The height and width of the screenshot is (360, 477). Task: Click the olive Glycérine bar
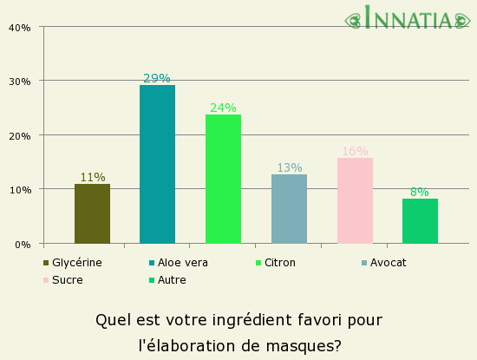point(92,213)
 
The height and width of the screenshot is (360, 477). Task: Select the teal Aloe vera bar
point(157,164)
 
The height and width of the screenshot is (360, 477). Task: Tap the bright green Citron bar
point(223,179)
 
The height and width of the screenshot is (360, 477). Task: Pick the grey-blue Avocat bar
point(289,209)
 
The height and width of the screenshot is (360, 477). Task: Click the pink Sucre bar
point(355,200)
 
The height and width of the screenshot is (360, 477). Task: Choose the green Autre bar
point(420,221)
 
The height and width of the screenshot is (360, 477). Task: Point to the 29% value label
point(157,79)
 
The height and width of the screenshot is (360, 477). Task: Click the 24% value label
point(223,108)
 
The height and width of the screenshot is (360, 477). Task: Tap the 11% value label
point(92,178)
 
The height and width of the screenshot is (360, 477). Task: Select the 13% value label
point(289,168)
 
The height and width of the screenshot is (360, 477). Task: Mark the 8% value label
point(420,193)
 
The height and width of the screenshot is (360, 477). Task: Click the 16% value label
point(355,152)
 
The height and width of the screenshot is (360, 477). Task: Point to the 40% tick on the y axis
point(19,28)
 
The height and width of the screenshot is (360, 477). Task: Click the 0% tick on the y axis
point(23,245)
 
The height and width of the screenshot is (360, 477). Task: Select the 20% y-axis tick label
point(19,136)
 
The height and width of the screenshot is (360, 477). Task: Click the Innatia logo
point(408,18)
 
